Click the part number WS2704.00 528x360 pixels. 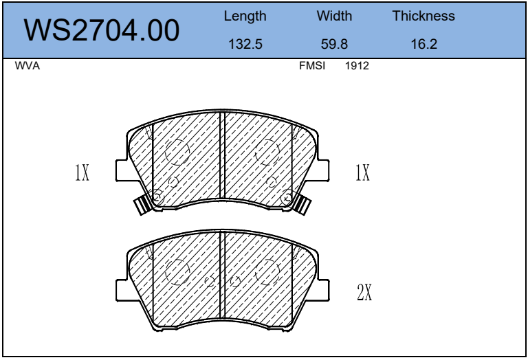coord(101,30)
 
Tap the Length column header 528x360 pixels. coord(245,16)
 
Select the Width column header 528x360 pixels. coord(334,16)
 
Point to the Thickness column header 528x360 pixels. coord(423,16)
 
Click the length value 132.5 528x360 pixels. coord(245,44)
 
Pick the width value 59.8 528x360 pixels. coord(334,44)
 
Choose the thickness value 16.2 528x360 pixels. coord(424,44)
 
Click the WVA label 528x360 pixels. coord(27,65)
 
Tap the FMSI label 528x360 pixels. coord(312,65)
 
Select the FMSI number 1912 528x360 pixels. coord(357,65)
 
